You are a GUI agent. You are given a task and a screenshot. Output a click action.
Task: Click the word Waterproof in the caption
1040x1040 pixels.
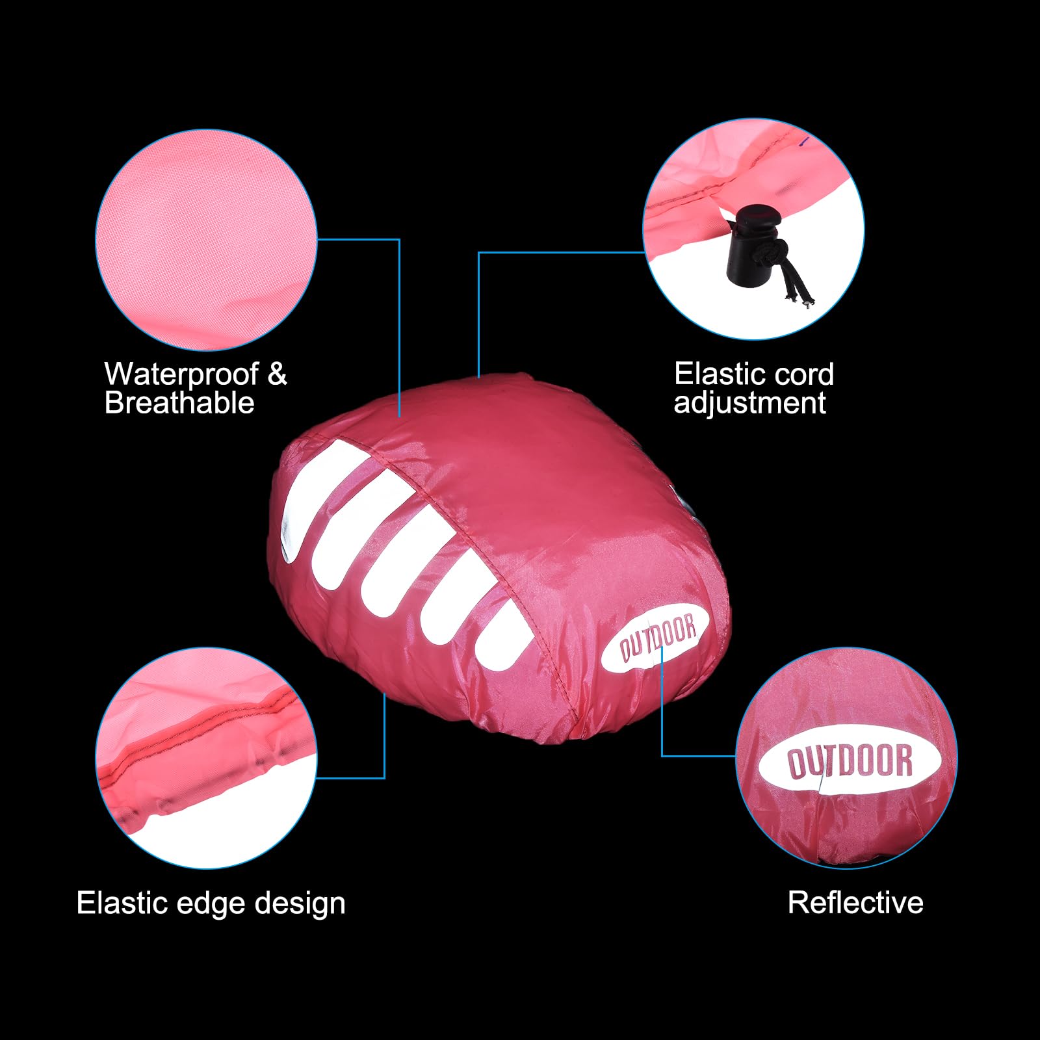click(181, 374)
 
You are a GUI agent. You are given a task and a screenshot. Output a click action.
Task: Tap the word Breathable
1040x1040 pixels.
click(179, 403)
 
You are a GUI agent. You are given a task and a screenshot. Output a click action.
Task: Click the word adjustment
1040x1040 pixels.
click(750, 404)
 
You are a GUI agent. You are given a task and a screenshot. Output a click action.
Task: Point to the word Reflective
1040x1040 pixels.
click(855, 903)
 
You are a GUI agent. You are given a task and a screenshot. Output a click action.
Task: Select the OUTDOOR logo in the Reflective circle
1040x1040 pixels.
click(850, 762)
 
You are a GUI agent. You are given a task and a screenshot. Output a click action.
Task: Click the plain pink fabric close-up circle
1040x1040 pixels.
click(206, 240)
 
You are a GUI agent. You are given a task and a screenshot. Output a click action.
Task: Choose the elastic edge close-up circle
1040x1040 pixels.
click(206, 758)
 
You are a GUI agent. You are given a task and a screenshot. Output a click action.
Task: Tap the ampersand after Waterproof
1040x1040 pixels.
click(277, 374)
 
